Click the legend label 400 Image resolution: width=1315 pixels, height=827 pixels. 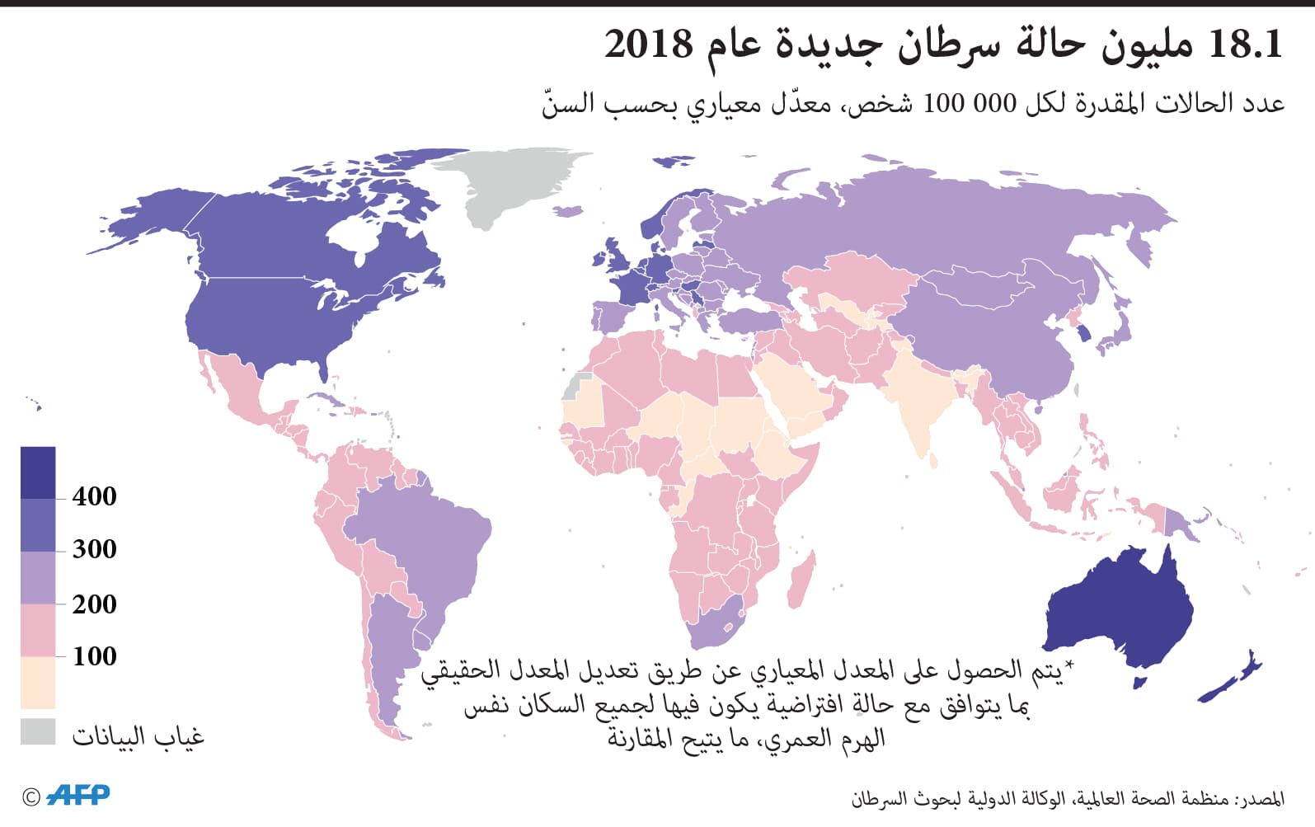pos(94,496)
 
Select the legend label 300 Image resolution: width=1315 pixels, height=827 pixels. pos(94,549)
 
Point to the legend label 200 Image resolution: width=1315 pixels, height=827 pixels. pos(94,604)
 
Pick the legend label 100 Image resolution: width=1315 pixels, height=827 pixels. pos(94,656)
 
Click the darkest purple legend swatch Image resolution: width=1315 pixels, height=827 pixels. pos(38,472)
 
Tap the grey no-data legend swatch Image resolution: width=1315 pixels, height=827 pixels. pos(38,732)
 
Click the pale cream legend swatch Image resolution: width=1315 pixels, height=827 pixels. pos(38,683)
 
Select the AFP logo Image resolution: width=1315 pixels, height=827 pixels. pos(79,795)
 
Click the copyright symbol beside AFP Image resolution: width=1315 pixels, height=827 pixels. pos(31,796)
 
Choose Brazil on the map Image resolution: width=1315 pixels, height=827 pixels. pos(420,544)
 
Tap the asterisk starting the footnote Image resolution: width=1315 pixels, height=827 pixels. pos(1069,665)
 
